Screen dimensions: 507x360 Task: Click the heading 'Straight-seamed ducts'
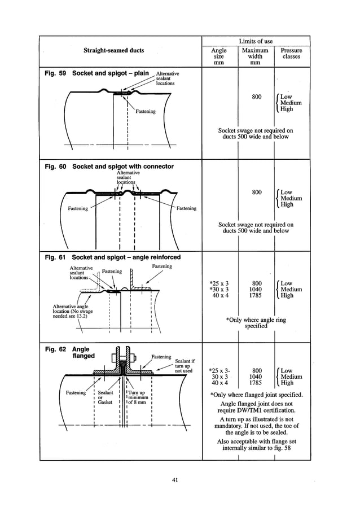[x=113, y=50]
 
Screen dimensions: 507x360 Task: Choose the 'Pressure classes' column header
[x=292, y=54]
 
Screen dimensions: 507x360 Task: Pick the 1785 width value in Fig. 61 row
[x=256, y=295]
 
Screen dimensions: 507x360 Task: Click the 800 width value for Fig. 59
[x=257, y=97]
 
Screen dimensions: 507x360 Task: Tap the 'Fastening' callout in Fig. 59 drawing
[x=145, y=112]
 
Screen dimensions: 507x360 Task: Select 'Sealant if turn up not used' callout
[x=185, y=366]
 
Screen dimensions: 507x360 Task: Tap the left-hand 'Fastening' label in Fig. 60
[x=78, y=208]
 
